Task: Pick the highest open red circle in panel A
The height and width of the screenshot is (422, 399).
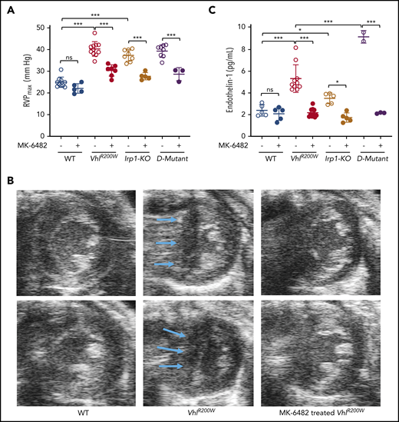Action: [94, 33]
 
